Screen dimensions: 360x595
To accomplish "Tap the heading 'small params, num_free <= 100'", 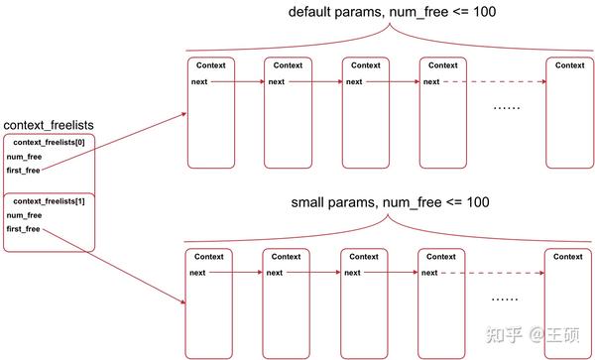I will pyautogui.click(x=390, y=202).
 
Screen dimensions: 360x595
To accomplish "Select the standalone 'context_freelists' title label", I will pyautogui.click(x=48, y=125).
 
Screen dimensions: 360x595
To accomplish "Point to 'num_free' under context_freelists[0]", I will pyautogui.click(x=24, y=157).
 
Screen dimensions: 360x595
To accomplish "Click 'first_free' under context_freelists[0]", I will pyautogui.click(x=25, y=171).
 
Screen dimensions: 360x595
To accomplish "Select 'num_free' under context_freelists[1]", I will pyautogui.click(x=24, y=215).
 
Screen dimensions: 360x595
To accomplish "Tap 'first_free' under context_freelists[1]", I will pyautogui.click(x=25, y=229).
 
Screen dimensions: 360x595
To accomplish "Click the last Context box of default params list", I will pyautogui.click(x=569, y=110).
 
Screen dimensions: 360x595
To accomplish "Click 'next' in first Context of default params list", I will pyautogui.click(x=198, y=81).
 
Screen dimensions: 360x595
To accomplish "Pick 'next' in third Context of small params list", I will pyautogui.click(x=352, y=273).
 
